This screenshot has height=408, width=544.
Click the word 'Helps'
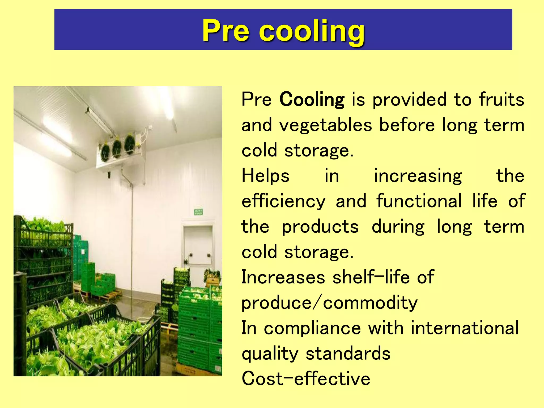265,176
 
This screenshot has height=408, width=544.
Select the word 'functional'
419,201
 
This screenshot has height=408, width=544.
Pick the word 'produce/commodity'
329,303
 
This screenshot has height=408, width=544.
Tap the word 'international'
465,328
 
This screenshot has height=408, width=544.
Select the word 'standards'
348,353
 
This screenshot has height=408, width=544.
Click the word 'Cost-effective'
306,379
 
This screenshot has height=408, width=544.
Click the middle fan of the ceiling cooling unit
117,148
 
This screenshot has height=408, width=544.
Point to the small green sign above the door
198,212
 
